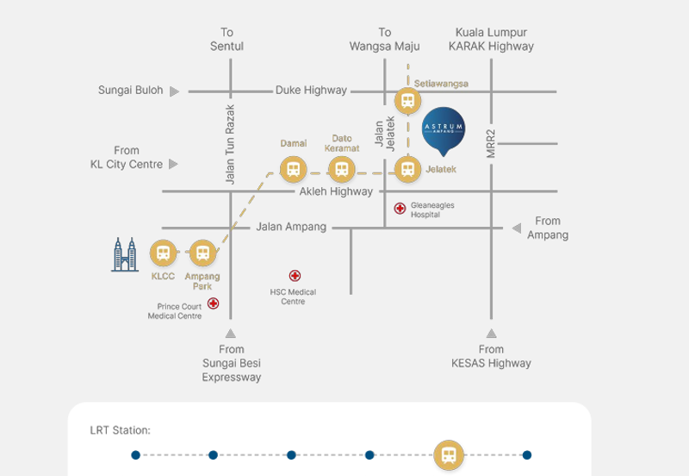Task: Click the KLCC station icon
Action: [x=162, y=254]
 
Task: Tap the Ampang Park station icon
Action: [x=202, y=254]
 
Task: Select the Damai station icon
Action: [x=293, y=168]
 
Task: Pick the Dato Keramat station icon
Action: [x=342, y=168]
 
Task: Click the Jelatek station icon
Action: [x=407, y=168]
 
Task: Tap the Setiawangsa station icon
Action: [x=407, y=101]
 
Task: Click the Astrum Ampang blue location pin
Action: [x=444, y=128]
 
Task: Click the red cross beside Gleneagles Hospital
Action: [x=400, y=209]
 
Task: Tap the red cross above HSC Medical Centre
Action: [x=295, y=277]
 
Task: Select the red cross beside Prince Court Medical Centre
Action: [x=213, y=304]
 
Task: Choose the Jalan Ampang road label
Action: [x=291, y=228]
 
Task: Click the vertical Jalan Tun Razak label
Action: [x=230, y=144]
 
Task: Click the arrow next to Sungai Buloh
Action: [x=174, y=91]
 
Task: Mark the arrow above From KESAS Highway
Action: [x=491, y=333]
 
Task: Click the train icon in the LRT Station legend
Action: [x=448, y=454]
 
